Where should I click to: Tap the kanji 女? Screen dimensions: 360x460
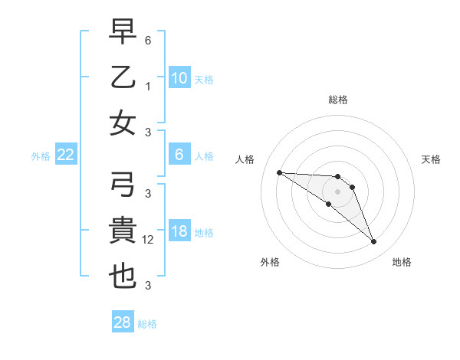click(x=123, y=124)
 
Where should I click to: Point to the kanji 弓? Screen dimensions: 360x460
click(x=123, y=185)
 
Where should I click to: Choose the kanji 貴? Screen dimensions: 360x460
click(x=123, y=231)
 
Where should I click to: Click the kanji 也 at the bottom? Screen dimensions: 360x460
click(x=123, y=277)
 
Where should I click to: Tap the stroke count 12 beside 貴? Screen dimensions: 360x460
click(x=149, y=240)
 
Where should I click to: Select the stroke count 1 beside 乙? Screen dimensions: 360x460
click(x=147, y=87)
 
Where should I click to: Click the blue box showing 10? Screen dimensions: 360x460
click(x=179, y=77)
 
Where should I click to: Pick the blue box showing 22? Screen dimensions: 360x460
click(x=66, y=155)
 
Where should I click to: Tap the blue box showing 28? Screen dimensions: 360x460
click(x=123, y=323)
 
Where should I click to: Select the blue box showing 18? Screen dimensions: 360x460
click(x=179, y=231)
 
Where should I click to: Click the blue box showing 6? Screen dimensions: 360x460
click(x=179, y=155)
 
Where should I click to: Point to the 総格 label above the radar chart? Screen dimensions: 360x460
click(x=338, y=100)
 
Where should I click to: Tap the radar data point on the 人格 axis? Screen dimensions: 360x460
click(x=279, y=172)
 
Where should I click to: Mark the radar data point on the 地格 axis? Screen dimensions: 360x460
click(x=374, y=242)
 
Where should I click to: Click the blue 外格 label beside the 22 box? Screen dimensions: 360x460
click(x=41, y=155)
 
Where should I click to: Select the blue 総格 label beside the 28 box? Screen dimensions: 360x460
click(x=147, y=324)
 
